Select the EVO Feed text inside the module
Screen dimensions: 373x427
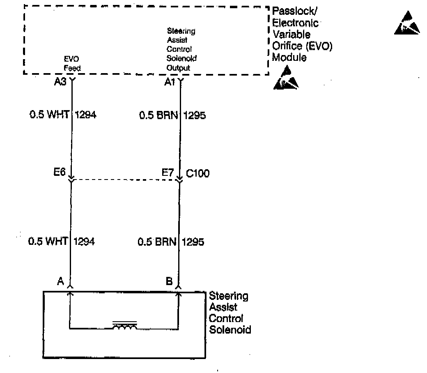click(72, 64)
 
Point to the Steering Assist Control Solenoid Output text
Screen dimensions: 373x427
click(181, 49)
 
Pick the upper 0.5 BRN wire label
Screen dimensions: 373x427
click(158, 115)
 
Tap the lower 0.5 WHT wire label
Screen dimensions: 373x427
click(48, 241)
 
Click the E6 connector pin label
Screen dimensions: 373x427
click(60, 173)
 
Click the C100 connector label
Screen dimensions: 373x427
click(197, 174)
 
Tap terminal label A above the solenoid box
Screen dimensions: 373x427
click(60, 281)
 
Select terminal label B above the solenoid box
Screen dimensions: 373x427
click(169, 281)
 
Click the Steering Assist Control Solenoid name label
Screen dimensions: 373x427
click(230, 313)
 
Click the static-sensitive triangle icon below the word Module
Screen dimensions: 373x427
click(286, 78)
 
